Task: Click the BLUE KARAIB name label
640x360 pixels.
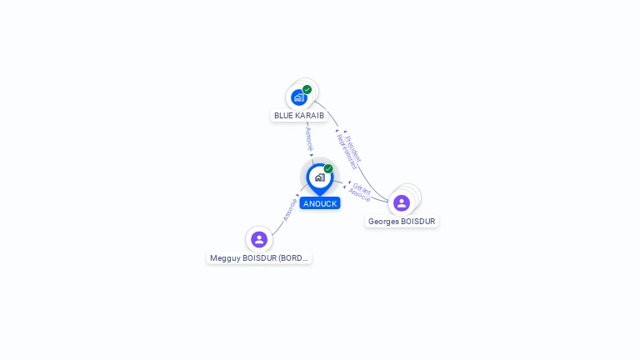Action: coord(298,115)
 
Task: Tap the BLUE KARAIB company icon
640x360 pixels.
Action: coord(299,97)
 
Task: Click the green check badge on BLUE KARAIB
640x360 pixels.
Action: coord(307,89)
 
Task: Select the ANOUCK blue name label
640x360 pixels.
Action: coord(320,203)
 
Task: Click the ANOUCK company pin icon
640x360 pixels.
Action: coord(319,177)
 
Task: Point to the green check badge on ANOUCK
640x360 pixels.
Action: coord(328,168)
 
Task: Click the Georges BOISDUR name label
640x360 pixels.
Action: coord(402,221)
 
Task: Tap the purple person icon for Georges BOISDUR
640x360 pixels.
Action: coord(402,202)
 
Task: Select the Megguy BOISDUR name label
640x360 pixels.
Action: coord(259,258)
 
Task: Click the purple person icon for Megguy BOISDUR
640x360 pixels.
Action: coord(259,239)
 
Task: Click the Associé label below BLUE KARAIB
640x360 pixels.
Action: coord(308,137)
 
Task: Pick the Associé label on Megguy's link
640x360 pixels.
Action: coord(290,208)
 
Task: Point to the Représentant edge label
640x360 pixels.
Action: coord(346,151)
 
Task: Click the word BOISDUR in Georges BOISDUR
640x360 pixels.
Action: coord(416,221)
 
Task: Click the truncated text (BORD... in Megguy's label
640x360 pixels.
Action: coord(294,258)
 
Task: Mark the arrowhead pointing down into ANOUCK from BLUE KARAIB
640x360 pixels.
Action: coord(312,155)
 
